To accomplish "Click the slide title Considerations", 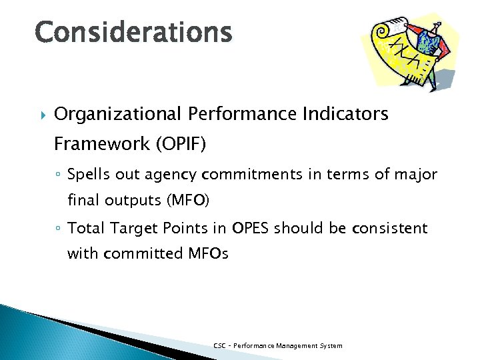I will tap(134, 31).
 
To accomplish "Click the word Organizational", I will tap(116, 115).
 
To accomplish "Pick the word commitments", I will tap(245, 175).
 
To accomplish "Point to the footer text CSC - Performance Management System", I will tap(277, 345).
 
